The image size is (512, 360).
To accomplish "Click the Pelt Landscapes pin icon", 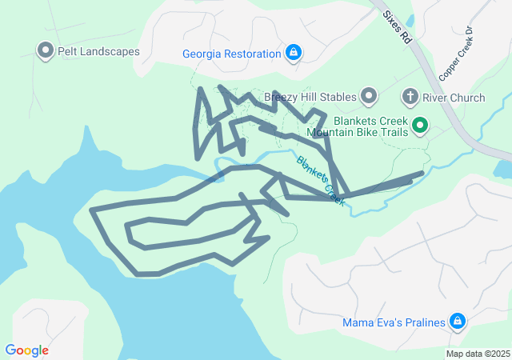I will point(45,51).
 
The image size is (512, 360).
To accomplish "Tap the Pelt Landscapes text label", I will point(98,51).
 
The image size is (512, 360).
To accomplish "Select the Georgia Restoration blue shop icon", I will point(294,54).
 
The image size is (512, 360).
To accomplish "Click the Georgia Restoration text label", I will point(231,54).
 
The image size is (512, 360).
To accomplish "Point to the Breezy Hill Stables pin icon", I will point(369,98).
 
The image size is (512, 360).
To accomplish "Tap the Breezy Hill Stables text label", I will point(310,98).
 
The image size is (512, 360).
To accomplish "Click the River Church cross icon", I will point(410,98).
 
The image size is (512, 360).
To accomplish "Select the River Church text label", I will point(454,98).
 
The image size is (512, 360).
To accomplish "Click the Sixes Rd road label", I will point(397,26).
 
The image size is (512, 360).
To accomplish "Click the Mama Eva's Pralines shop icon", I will point(457,322).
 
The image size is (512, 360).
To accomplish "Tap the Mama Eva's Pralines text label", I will point(394,323).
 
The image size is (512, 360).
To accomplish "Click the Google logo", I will point(26,350).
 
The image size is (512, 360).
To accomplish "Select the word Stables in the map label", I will point(337,98).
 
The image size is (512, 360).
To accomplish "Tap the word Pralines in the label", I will point(422,323).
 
